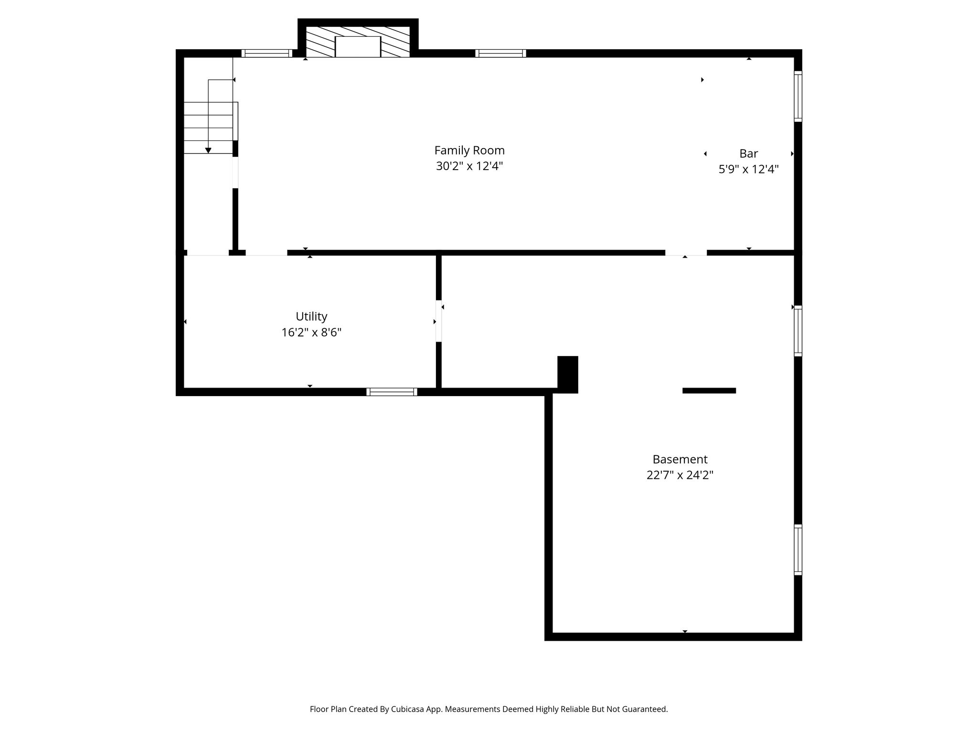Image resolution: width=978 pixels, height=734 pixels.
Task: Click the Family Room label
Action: [469, 151]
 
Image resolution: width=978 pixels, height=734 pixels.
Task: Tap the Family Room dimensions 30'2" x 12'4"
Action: [469, 166]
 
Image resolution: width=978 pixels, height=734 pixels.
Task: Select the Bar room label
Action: [748, 153]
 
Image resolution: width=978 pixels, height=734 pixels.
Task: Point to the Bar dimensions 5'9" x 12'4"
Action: [748, 169]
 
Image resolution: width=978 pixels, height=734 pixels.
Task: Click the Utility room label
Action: [311, 316]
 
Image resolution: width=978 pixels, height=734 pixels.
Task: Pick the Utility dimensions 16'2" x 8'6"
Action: [311, 332]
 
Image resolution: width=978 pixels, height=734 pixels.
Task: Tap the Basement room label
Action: [680, 459]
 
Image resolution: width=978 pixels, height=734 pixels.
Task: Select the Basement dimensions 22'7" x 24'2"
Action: [680, 475]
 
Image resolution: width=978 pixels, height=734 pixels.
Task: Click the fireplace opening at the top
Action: [358, 47]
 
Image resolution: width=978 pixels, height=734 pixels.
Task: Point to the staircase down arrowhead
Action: [208, 151]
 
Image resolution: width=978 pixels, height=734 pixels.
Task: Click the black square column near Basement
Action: [568, 375]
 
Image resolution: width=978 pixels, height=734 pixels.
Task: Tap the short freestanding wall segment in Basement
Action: [709, 390]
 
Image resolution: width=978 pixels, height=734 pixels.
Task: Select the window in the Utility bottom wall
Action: [392, 392]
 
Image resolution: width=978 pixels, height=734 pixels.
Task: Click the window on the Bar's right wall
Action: [798, 96]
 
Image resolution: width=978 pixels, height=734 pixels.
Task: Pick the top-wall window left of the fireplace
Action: [266, 53]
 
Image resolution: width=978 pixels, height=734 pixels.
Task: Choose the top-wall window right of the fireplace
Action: [500, 53]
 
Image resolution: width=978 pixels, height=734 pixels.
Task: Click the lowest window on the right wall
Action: [798, 550]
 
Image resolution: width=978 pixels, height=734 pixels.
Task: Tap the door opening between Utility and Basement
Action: [439, 321]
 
